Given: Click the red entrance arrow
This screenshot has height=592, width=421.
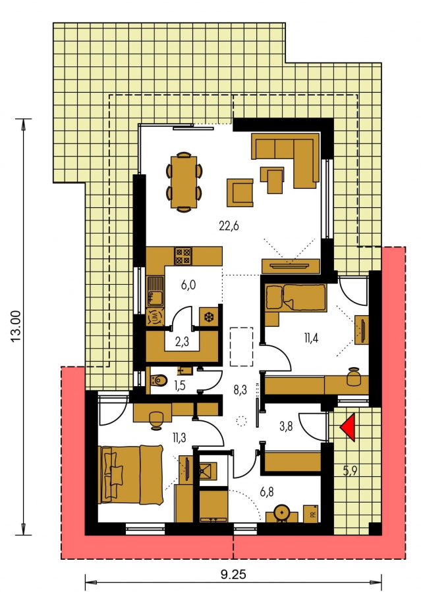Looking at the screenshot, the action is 349,428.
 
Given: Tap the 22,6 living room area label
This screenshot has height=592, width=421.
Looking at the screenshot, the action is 229,226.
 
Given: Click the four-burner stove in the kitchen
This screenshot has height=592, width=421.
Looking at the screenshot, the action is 183,256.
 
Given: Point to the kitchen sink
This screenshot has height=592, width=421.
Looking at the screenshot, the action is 155,291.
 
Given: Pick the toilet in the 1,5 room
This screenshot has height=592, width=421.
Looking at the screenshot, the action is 159,380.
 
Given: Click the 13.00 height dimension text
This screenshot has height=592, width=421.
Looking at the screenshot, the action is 15,326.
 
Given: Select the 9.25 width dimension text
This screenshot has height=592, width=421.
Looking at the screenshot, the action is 233,575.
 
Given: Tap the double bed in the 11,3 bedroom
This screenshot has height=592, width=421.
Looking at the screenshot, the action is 131,474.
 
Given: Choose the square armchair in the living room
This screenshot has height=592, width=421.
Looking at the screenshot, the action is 240,193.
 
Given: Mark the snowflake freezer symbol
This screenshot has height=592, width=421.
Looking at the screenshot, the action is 208,317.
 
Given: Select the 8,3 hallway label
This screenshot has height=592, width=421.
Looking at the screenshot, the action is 240,389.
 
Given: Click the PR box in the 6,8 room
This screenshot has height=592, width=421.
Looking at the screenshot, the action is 310,514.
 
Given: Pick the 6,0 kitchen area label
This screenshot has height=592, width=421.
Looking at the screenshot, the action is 188,285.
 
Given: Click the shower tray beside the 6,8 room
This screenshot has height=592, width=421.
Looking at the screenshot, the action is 208,470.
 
